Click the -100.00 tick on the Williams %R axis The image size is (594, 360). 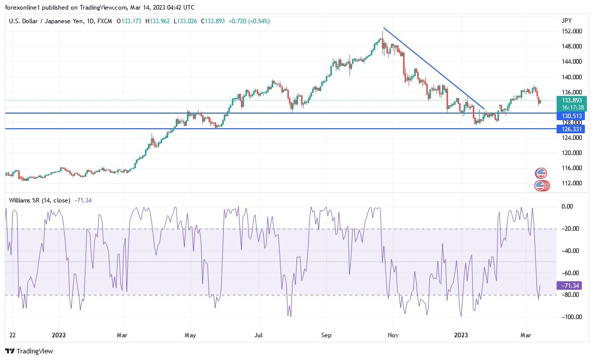[571, 317]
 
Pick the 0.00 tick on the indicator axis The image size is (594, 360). [568, 207]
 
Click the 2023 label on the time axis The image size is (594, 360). [462, 334]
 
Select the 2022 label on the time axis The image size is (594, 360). [59, 334]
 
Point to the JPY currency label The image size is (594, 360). [566, 21]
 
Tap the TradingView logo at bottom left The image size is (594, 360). [29, 351]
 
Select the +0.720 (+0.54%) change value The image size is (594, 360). [249, 21]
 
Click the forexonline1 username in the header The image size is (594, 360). [24, 7]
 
